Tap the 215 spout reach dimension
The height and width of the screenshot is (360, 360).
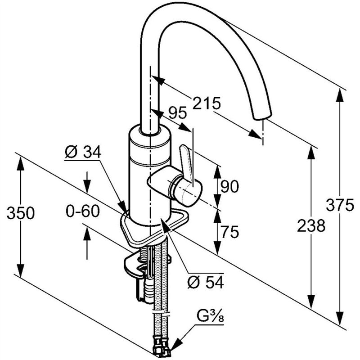pyautogui.click(x=207, y=103)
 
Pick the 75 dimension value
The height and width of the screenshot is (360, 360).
pyautogui.click(x=229, y=232)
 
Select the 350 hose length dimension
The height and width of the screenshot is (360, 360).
pyautogui.click(x=20, y=213)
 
